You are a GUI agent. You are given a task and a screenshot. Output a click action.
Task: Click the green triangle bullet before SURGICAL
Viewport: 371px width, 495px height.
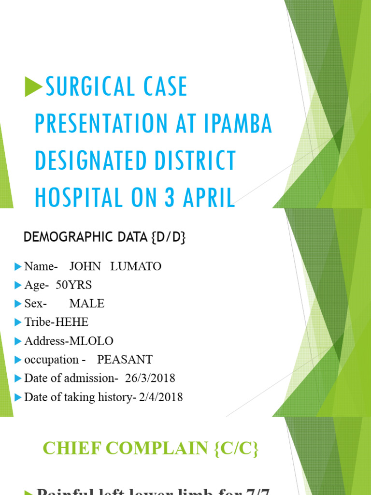(34, 87)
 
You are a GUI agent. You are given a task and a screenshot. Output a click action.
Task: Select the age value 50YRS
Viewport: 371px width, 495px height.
(73, 285)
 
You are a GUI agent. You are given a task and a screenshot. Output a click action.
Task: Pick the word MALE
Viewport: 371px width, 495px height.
(87, 304)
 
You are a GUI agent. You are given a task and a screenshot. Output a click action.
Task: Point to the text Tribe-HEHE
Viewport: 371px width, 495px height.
(57, 322)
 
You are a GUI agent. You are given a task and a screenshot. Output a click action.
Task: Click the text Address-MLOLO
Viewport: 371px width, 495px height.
(69, 341)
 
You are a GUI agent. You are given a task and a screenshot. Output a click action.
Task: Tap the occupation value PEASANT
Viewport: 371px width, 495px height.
(125, 360)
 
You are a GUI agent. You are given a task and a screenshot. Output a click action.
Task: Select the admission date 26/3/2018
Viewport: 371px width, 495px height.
(150, 379)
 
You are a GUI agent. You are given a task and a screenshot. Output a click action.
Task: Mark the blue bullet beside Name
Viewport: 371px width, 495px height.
(18, 266)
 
